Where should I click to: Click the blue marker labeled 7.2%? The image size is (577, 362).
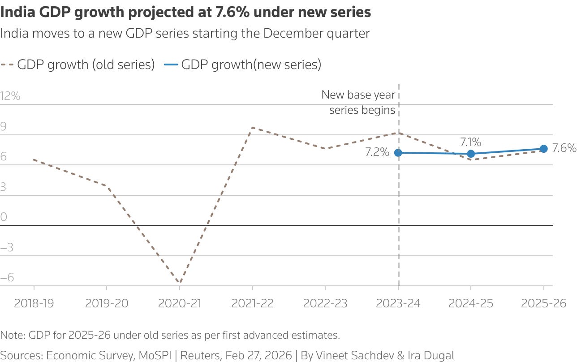coord(398,153)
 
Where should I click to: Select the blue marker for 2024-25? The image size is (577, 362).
coord(471,154)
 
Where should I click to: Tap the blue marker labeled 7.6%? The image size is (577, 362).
coord(543,149)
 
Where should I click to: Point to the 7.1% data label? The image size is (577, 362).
coord(470,142)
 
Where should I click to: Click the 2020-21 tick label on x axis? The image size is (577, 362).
coord(179,303)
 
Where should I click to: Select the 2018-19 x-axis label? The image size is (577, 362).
coord(34,303)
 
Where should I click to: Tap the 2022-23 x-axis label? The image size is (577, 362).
coord(325,303)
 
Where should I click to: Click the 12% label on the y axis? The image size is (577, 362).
coord(10,96)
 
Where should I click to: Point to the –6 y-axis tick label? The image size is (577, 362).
coord(7,278)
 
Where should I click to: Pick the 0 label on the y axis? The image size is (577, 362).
coord(4,217)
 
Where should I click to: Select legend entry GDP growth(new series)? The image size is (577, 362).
coord(251,65)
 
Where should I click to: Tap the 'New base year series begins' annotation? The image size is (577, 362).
coord(358,102)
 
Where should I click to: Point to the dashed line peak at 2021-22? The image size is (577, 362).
coord(253,127)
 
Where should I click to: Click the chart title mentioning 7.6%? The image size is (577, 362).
coord(185,12)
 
